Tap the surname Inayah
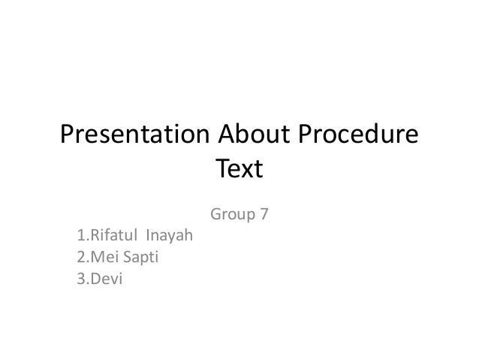[169, 239]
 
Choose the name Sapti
[140, 260]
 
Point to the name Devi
[105, 280]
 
